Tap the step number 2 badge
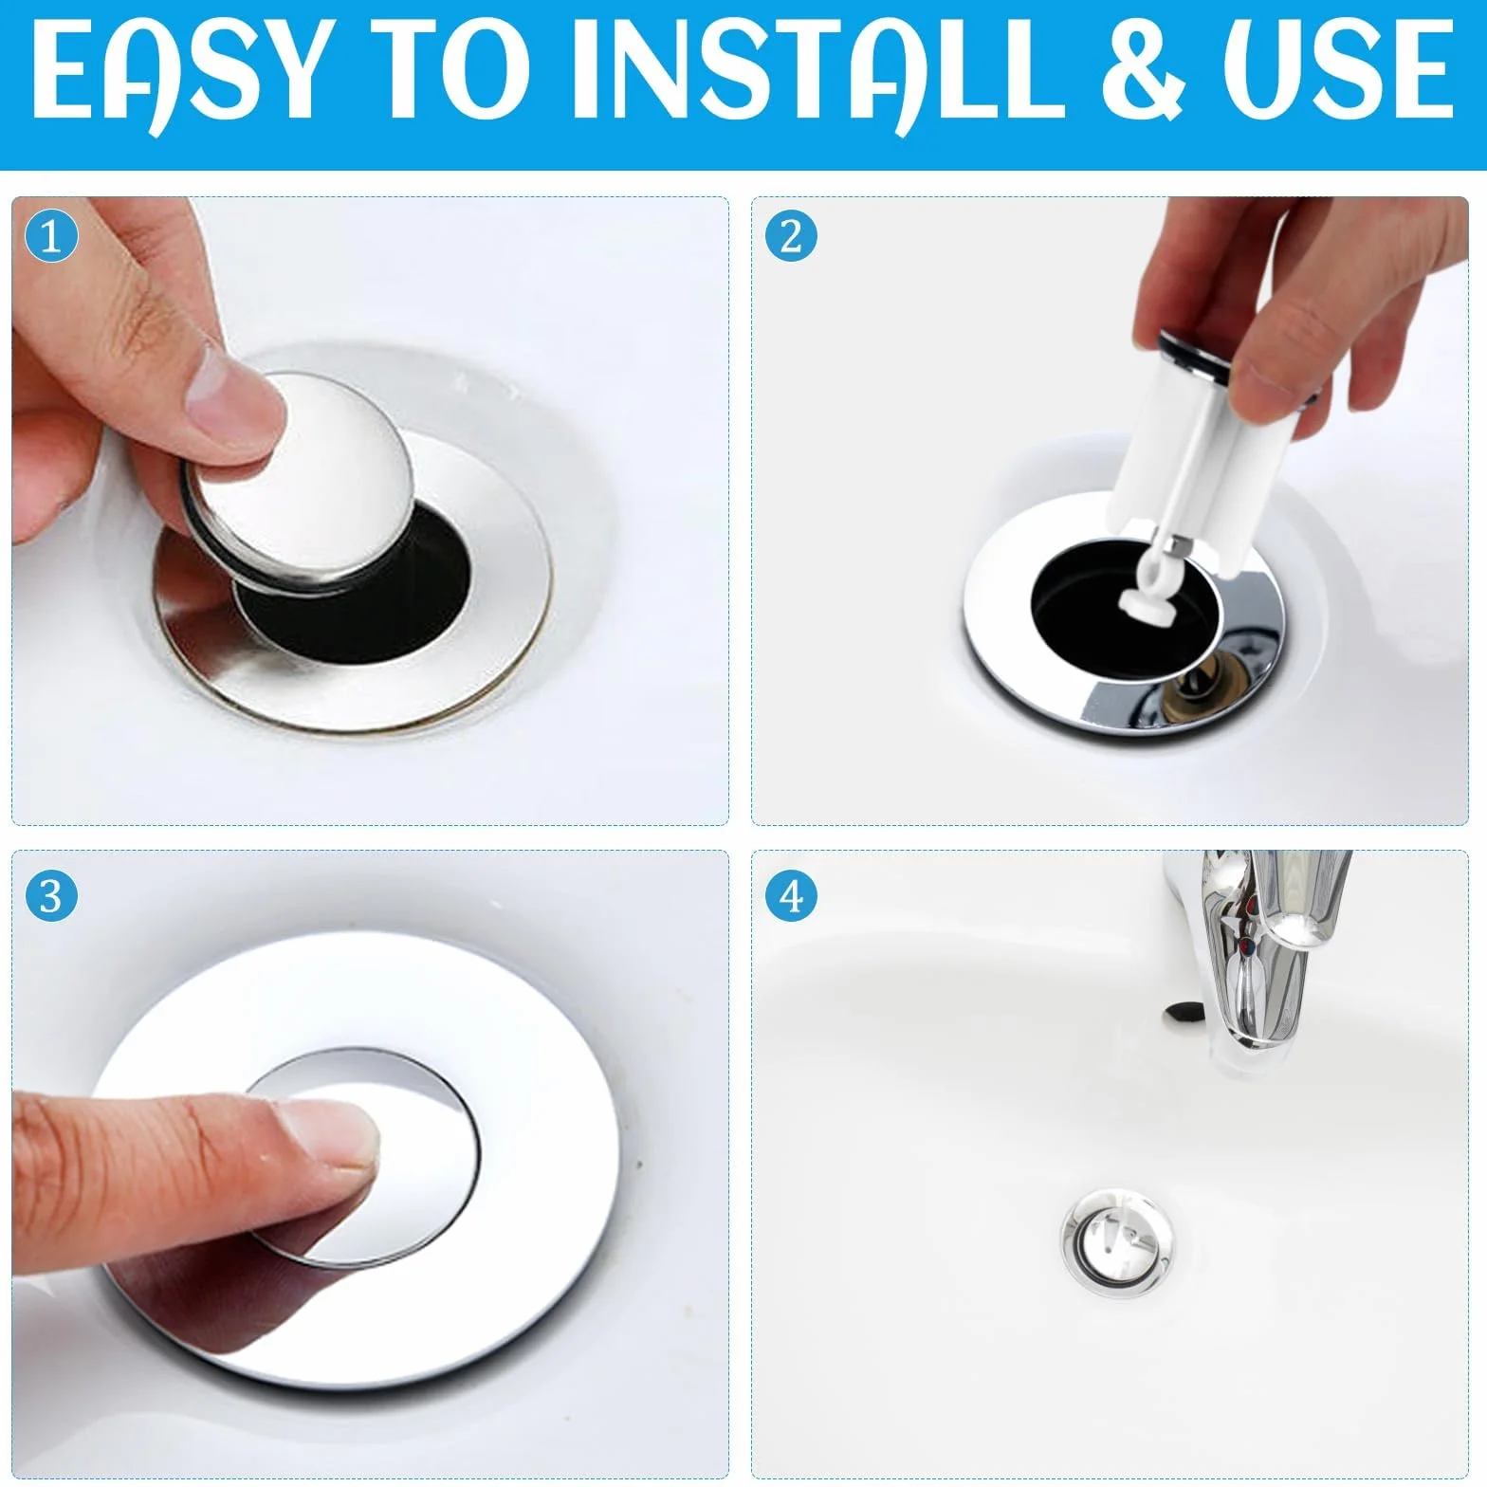pyautogui.click(x=791, y=237)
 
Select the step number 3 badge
pyautogui.click(x=51, y=896)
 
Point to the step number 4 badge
pyautogui.click(x=791, y=896)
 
